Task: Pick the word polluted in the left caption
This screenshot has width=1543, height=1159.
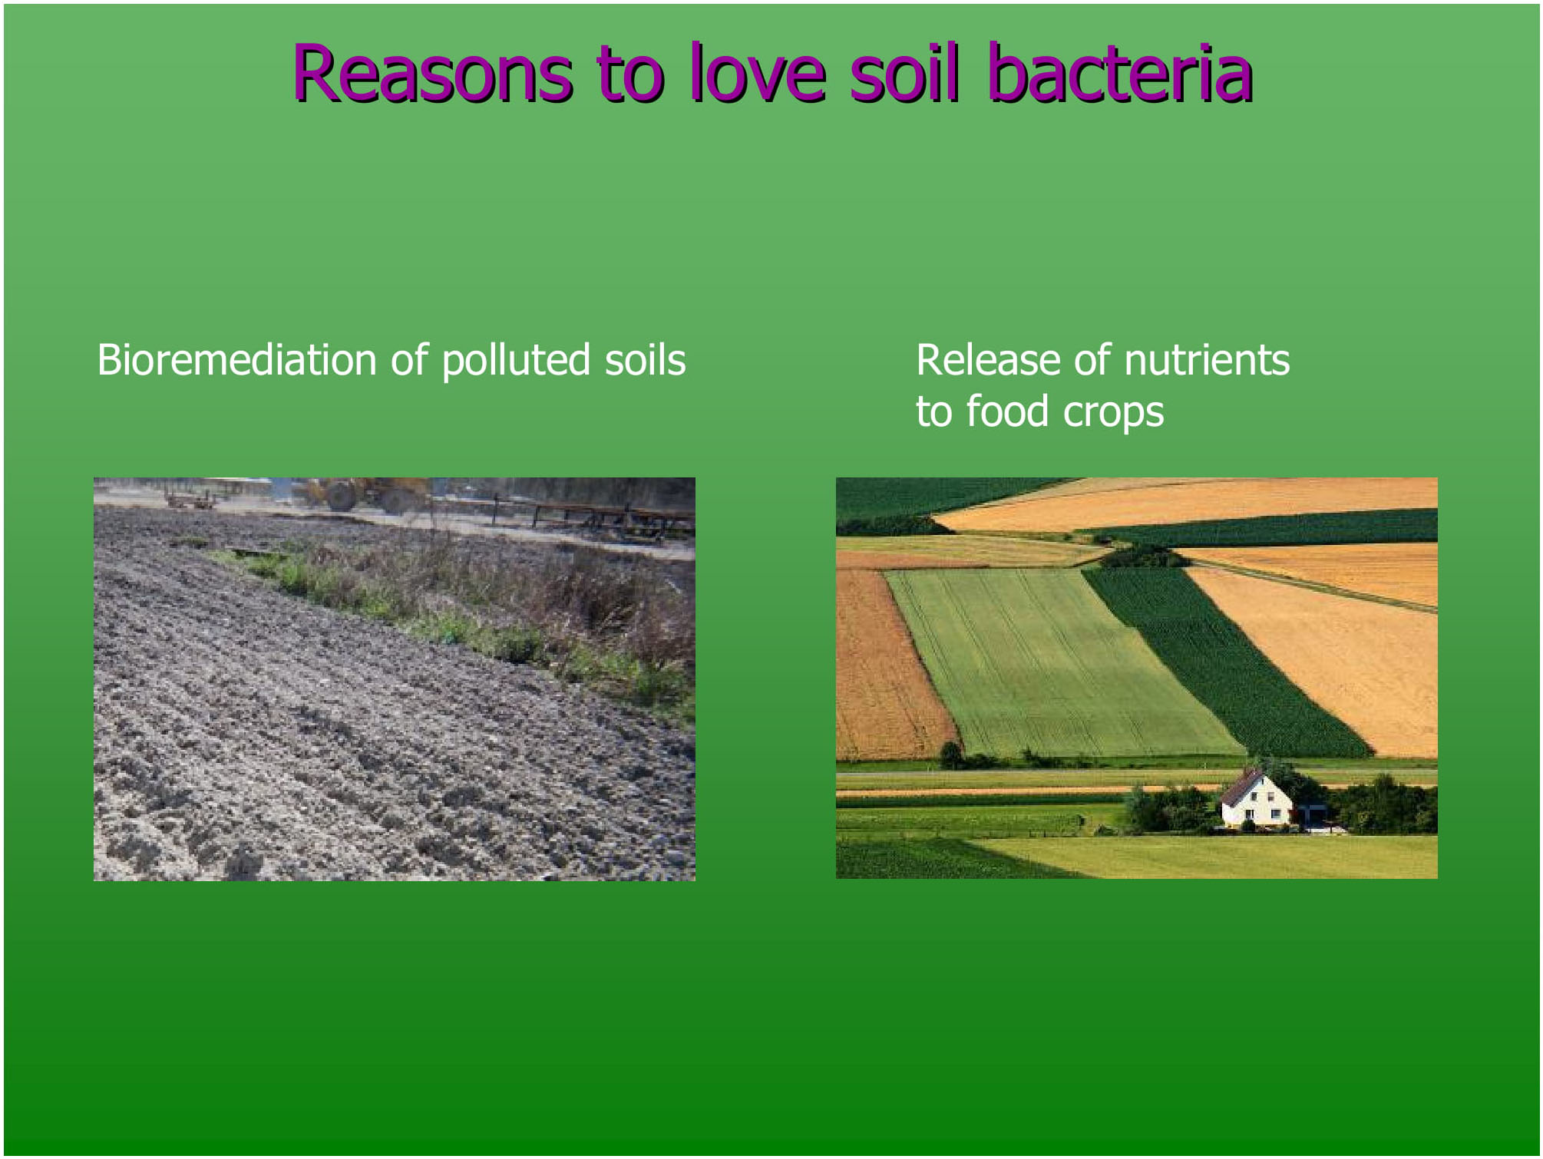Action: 516,361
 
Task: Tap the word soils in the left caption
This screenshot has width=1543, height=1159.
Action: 645,359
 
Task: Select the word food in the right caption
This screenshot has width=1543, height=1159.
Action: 1007,411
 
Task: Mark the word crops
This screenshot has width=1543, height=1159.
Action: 1113,414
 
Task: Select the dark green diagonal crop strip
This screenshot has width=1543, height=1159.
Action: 1224,660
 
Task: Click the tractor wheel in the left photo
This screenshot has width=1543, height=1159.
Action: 342,496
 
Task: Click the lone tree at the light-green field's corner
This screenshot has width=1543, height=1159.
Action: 951,755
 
